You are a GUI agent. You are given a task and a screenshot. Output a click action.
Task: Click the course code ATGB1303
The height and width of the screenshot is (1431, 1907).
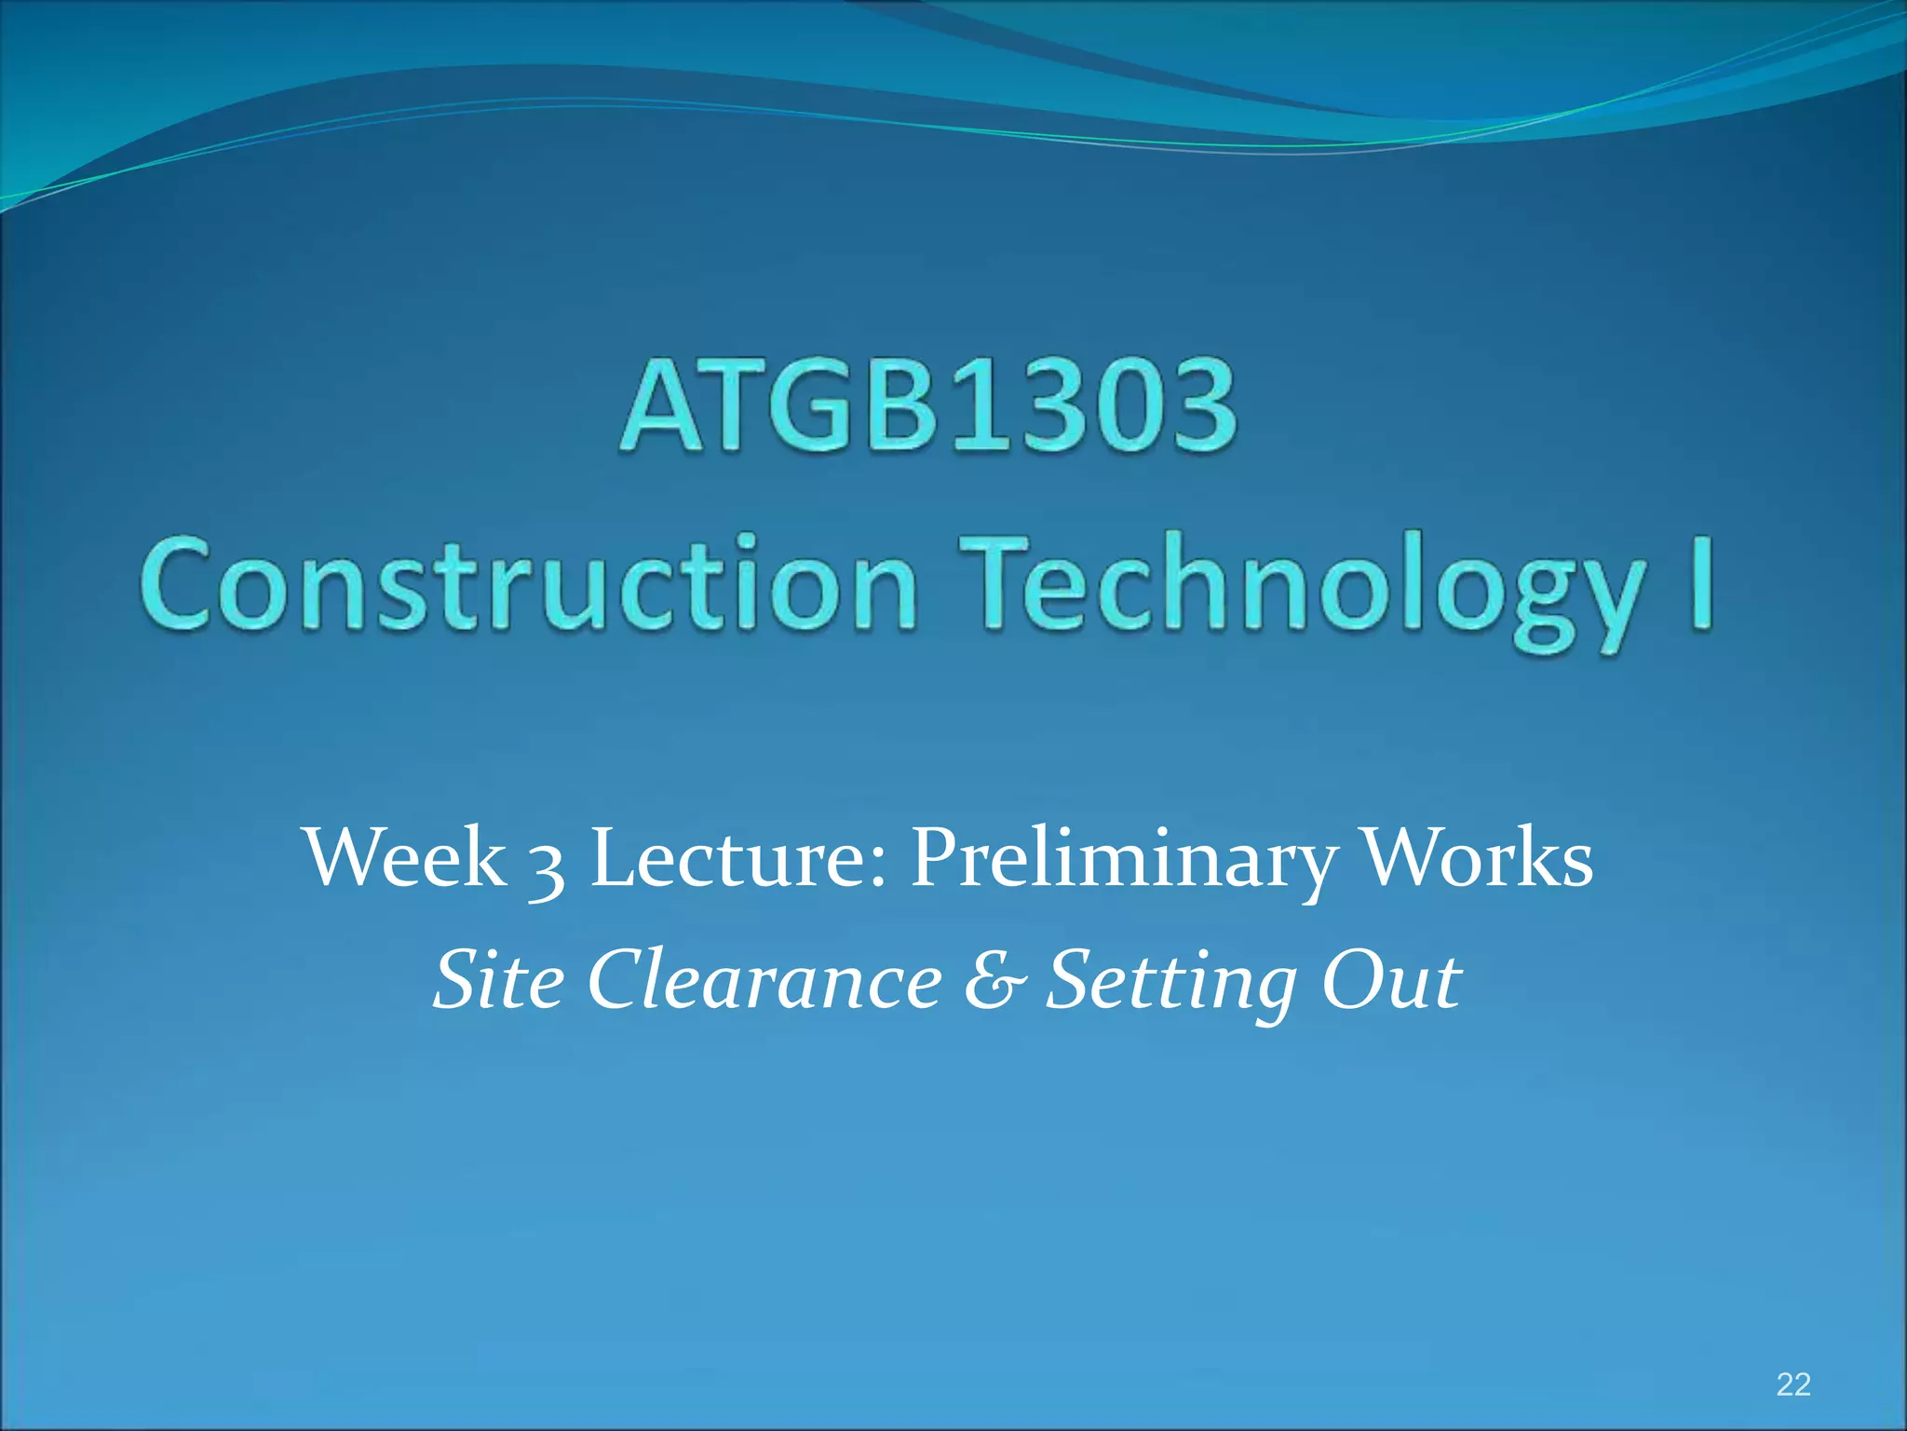coord(928,407)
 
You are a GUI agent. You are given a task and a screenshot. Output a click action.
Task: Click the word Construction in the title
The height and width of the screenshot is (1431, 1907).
coord(530,584)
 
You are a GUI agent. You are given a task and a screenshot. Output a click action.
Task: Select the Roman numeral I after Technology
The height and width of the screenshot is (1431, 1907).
coord(1700,582)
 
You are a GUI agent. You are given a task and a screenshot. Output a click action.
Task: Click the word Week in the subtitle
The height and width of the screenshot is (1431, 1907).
coord(405,857)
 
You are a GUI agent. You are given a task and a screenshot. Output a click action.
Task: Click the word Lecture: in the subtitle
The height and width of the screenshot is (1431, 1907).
coord(739,857)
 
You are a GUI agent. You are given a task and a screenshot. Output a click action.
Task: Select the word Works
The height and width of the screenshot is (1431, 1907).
coord(1478,857)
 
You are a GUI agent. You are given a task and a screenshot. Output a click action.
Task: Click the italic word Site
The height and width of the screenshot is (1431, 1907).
coord(499,980)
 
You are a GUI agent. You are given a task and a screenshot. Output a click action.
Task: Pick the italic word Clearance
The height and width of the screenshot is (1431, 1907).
coord(764,980)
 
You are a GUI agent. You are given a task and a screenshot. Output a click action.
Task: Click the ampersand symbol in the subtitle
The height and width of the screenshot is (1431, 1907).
coord(995,980)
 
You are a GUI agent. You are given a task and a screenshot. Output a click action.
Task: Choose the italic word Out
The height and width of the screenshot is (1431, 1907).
coord(1391,980)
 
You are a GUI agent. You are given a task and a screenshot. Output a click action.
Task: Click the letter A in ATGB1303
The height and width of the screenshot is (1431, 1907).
coord(659,407)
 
